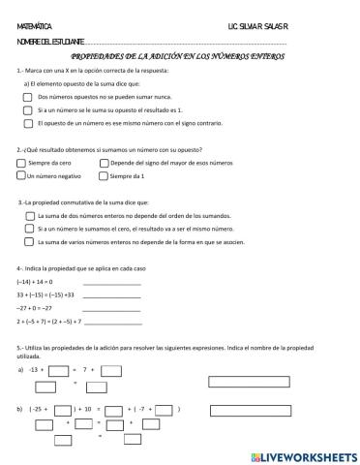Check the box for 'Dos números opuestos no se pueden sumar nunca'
[27, 98]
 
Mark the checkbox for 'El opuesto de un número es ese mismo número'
[27, 123]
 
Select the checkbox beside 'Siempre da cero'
[21, 164]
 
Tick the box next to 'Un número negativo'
[21, 176]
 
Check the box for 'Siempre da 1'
[104, 176]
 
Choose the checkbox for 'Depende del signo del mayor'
[104, 164]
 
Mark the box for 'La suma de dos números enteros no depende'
[29, 214]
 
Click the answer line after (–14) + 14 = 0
[111, 283]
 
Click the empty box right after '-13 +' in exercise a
[58, 370]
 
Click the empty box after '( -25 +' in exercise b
[67, 410]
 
